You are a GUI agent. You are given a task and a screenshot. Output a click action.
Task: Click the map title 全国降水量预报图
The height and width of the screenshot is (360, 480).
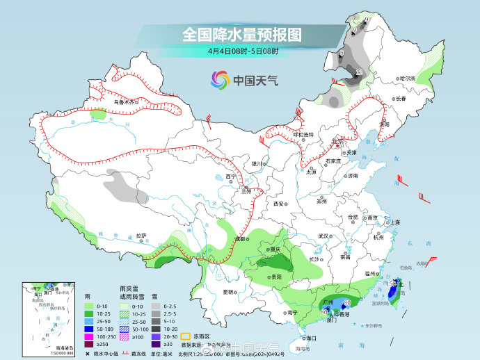tap(241, 33)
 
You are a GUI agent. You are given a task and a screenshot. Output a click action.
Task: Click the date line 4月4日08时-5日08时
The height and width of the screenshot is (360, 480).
tap(242, 51)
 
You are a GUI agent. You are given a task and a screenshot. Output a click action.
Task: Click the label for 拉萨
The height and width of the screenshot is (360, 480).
tap(142, 235)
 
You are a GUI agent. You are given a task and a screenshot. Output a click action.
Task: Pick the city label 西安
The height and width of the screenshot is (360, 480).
tap(278, 204)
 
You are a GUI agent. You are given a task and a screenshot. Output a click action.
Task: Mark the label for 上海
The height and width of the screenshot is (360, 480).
tap(394, 222)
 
